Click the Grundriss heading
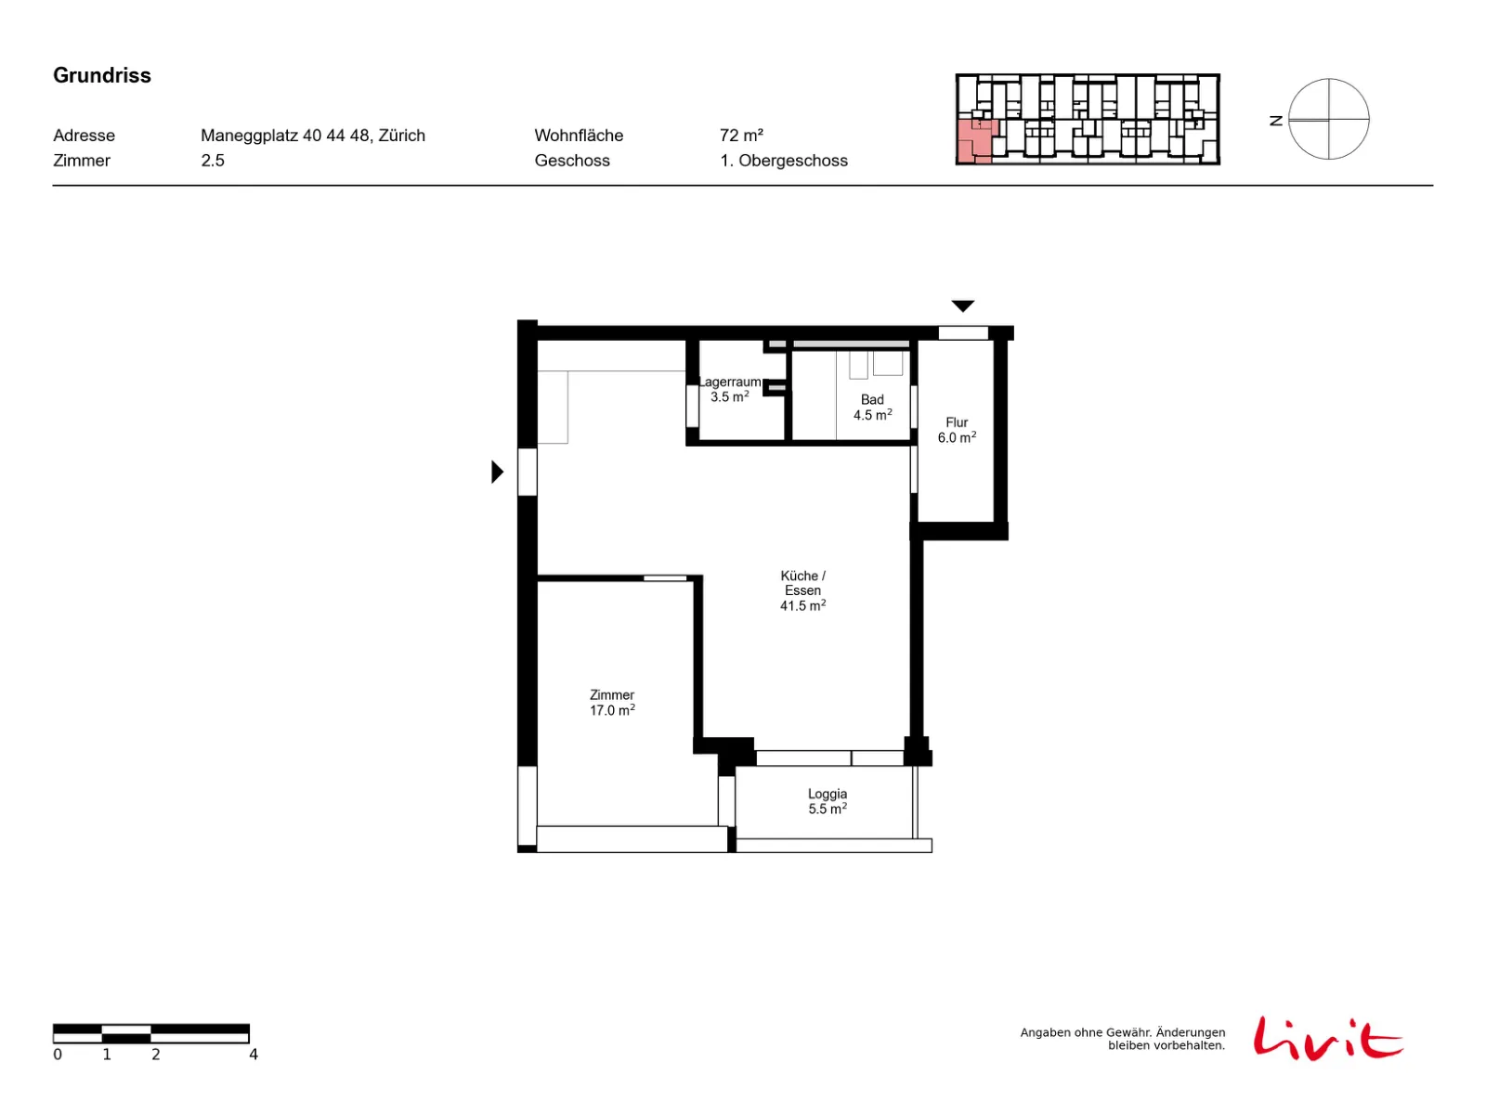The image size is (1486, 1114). [x=101, y=75]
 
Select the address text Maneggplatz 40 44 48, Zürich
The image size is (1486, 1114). [x=312, y=136]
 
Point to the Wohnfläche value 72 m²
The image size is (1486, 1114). [x=740, y=136]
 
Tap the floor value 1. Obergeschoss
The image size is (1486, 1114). [x=783, y=161]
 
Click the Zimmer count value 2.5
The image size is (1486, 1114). [x=212, y=161]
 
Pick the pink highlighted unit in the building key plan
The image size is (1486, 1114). [x=975, y=141]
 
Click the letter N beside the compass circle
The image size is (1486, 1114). [x=1275, y=121]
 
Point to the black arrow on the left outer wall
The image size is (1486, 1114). [x=497, y=471]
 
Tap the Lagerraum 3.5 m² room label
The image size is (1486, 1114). [x=729, y=389]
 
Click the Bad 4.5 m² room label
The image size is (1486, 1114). [x=871, y=407]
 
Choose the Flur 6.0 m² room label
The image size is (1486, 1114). [x=956, y=430]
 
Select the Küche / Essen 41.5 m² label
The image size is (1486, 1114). [x=802, y=589]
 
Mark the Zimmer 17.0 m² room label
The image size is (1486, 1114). [x=611, y=702]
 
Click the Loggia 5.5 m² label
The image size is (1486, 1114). [x=827, y=800]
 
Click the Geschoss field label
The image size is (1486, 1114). [x=571, y=161]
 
